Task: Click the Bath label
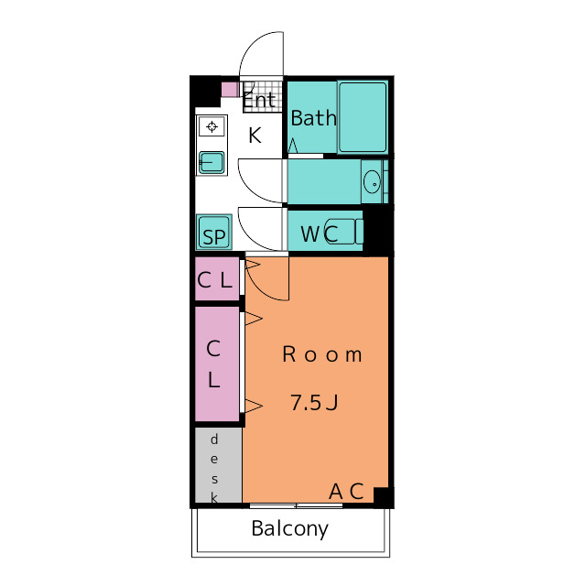point(313,118)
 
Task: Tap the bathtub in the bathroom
point(363,117)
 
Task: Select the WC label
point(320,234)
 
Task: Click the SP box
point(213,232)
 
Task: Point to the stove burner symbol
point(212,126)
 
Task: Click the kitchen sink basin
point(212,163)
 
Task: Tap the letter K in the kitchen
point(255,136)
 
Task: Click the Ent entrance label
point(259,100)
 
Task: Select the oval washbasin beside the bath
point(372,181)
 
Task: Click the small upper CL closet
point(217,278)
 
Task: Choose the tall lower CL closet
point(217,364)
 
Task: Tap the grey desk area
point(219,465)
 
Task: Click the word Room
point(322,354)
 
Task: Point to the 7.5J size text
point(314,403)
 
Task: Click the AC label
point(346,492)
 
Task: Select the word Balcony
point(290,529)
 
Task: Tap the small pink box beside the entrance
point(230,90)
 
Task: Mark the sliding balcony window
point(296,505)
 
